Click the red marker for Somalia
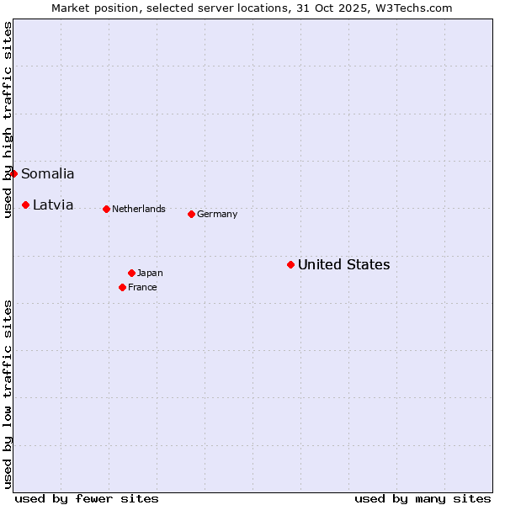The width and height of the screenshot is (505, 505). pos(13,173)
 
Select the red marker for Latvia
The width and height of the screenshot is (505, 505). pos(26,205)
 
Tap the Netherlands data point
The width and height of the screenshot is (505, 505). pos(106,209)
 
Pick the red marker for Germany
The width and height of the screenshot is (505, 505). pos(191,214)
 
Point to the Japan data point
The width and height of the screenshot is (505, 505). pos(131,273)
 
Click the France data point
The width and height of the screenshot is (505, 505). pos(122,287)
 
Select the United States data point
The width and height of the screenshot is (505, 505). pos(290,264)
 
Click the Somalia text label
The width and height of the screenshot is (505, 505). pos(48,174)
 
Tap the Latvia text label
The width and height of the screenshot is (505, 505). pos(53,205)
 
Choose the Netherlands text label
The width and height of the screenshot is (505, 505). pos(139,209)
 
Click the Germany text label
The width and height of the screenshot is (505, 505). pos(217,214)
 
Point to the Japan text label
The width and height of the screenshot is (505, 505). pos(150,273)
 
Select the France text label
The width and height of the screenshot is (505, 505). pos(142,287)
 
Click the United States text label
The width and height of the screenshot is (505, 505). pos(344,265)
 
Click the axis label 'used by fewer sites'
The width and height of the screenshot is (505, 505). pos(87,498)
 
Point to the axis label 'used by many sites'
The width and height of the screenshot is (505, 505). pos(423,498)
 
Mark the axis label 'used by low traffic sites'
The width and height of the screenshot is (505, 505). pos(8,394)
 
